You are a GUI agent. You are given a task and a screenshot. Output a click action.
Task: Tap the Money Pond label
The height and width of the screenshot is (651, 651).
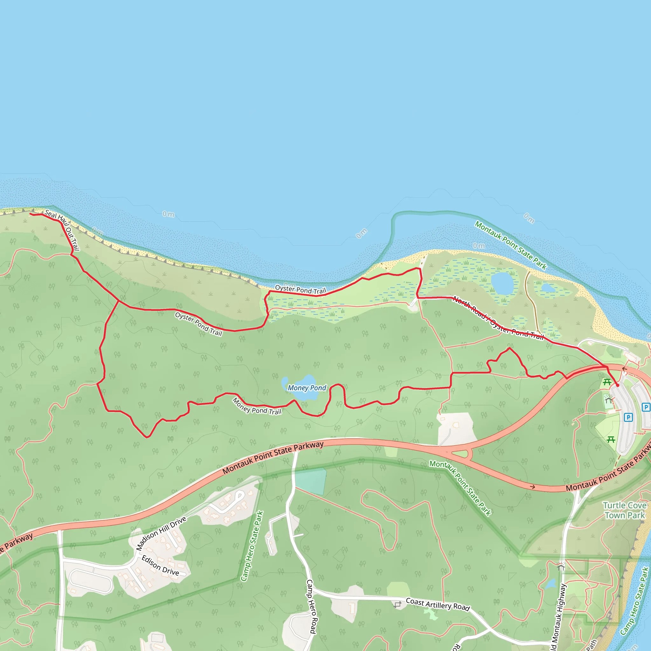coord(307,388)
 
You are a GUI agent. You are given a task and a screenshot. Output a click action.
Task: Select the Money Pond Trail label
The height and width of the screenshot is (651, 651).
coord(257,406)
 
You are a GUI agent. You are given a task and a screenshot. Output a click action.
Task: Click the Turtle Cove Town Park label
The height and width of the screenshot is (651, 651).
coord(624,510)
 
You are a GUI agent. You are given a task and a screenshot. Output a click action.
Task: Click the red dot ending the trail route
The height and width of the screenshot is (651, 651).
coord(617,385)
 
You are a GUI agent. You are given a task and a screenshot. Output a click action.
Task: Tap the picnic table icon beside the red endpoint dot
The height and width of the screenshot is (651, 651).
coord(607,382)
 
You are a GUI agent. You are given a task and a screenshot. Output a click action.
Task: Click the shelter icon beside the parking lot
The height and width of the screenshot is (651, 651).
coord(608,400)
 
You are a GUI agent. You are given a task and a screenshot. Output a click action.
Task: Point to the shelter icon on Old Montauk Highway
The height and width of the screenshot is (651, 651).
coord(561,567)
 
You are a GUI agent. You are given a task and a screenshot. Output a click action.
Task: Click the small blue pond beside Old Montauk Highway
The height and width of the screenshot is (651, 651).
coord(550,584)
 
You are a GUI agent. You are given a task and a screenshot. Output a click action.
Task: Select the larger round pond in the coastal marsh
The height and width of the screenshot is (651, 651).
coord(502,283)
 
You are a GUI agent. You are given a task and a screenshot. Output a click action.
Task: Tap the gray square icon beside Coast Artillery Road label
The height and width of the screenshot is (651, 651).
coord(398,605)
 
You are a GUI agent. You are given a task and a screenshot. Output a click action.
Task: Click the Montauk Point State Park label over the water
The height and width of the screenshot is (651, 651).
coord(510,245)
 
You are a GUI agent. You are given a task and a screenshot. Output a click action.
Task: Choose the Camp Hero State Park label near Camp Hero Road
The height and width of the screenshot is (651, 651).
coord(252,545)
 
